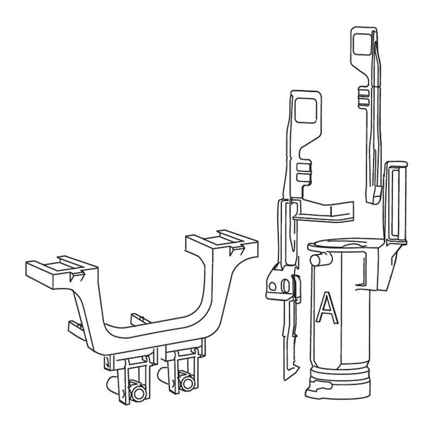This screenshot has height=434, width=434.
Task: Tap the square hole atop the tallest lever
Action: tap(361, 43)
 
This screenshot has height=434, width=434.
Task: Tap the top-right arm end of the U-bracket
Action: tap(220, 242)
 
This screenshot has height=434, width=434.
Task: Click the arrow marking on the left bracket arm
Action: tap(76, 277)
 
